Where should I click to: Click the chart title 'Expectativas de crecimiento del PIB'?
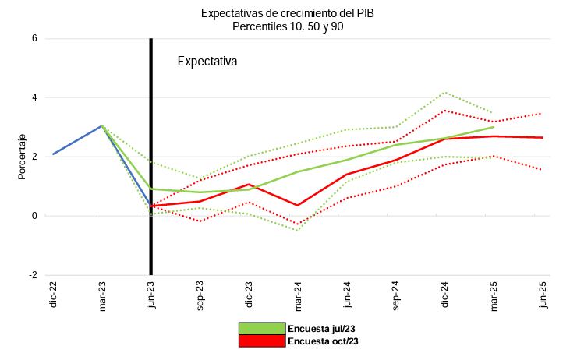(288, 13)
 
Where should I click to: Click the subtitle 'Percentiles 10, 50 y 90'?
(288, 26)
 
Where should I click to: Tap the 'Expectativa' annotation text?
(207, 61)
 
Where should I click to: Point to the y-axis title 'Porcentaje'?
(23, 157)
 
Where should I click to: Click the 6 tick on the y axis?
(34, 38)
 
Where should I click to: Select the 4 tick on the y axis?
(34, 97)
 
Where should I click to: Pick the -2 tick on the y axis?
(32, 275)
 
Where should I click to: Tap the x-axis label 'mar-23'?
(102, 293)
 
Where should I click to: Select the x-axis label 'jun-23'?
(151, 293)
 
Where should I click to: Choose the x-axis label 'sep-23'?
(200, 293)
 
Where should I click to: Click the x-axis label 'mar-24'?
(298, 293)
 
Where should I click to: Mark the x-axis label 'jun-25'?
(543, 293)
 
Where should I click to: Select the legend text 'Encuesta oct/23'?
(323, 341)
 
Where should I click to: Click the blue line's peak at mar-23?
(102, 125)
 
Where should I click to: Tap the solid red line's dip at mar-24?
(298, 206)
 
